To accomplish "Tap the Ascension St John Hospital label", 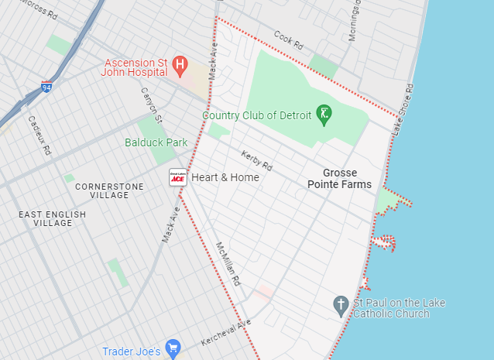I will coord(135,66).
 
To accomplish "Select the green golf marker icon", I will coord(325,115).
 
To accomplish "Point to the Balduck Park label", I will coord(156,142).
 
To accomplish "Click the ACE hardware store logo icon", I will coord(178,177).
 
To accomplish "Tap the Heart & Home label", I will coord(225,177).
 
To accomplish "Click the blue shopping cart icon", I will coord(173,348).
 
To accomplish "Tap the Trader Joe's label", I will coord(132,351).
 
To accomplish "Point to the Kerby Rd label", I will coord(257,160).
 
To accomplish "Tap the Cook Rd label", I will coord(288,40).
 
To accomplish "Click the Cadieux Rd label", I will coord(39,135).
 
